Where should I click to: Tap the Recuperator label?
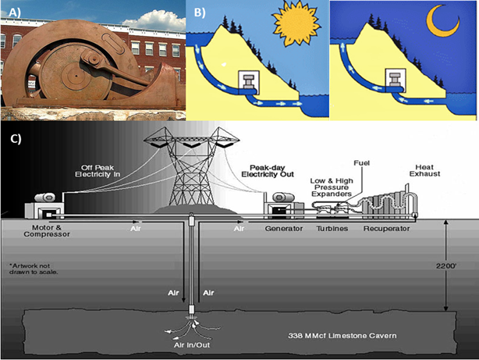tap(388, 230)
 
